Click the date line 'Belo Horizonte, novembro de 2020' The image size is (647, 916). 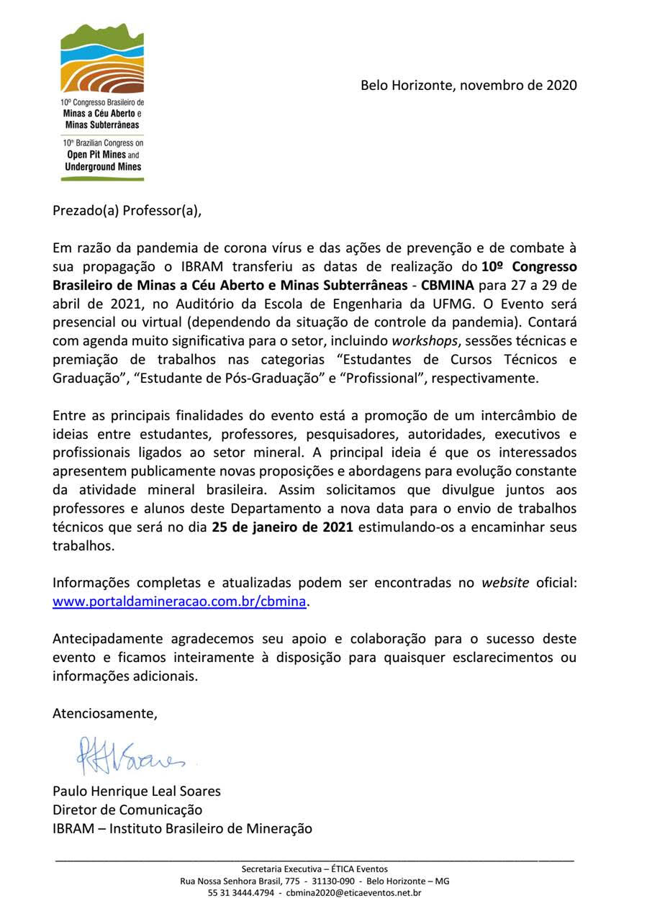469,85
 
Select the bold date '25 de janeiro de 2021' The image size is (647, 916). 282,527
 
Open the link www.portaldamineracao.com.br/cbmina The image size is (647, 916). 180,602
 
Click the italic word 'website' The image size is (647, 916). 505,583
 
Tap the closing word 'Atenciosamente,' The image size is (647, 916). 104,714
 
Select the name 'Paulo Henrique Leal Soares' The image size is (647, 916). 137,791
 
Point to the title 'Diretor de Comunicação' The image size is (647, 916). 127,810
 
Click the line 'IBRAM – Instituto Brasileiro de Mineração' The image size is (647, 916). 183,828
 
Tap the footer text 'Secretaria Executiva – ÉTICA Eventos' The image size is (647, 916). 315,869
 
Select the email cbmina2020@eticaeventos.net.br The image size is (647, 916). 353,893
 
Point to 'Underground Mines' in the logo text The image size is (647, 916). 102,166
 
